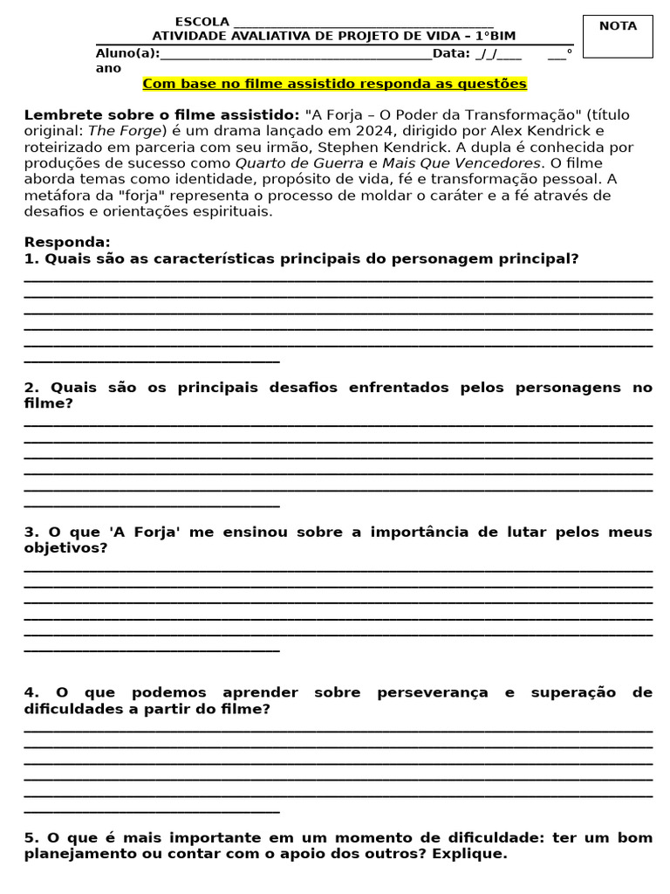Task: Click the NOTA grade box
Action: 618,37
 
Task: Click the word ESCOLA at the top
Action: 202,22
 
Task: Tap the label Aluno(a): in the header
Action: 127,53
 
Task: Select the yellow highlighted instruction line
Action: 334,84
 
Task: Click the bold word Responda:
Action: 67,242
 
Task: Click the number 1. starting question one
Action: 31,258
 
